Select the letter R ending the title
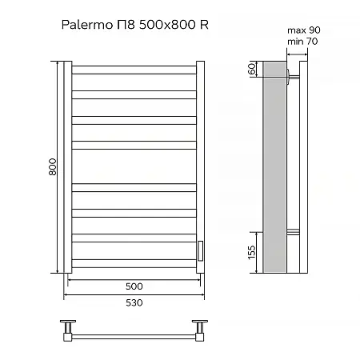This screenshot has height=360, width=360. pos(205,26)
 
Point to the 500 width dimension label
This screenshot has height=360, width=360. pos(134,286)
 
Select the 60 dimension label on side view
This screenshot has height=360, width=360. pos(252,70)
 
